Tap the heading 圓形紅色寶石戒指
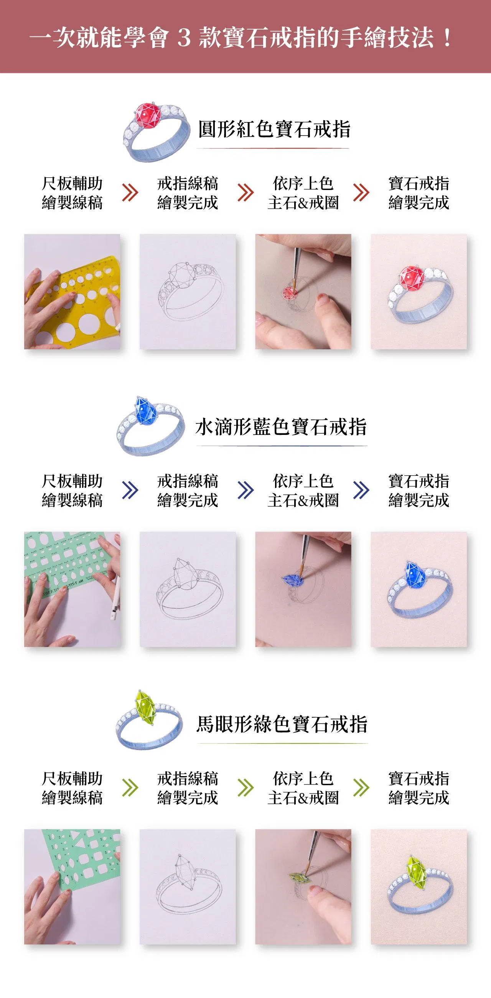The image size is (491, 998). coord(275,129)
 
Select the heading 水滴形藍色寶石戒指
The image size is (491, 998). coord(281,427)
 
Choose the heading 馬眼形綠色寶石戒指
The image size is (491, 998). coord(282,724)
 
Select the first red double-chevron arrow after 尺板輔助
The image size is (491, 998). coord(130,193)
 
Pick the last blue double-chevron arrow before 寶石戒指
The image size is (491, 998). coord(361,490)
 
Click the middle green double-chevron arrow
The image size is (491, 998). coord(245,788)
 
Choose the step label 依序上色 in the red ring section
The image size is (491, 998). coord(303,183)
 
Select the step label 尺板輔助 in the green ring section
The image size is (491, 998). coord(72,778)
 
